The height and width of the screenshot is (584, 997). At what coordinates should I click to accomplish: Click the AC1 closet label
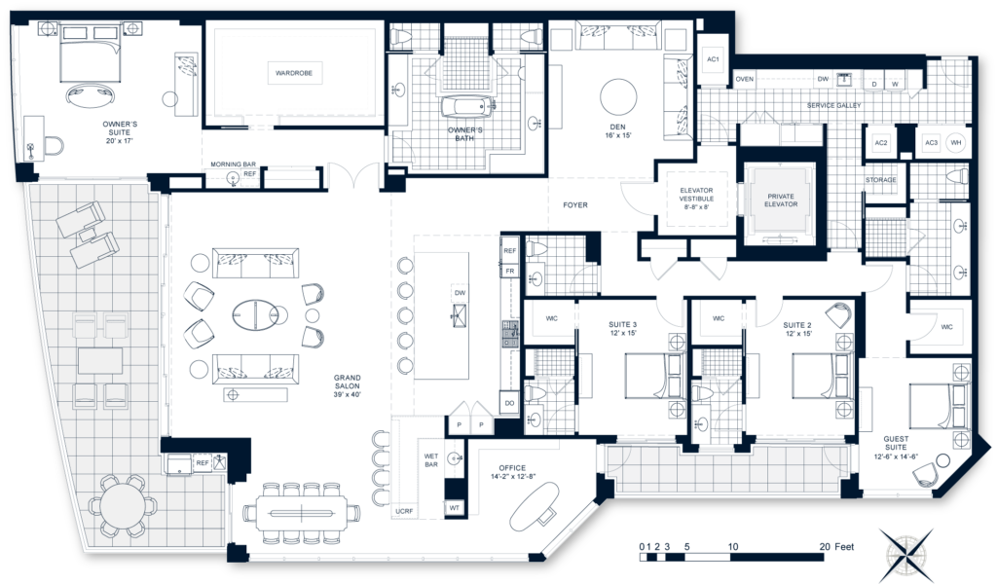click(x=713, y=60)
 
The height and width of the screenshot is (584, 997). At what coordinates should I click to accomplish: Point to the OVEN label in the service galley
click(x=745, y=79)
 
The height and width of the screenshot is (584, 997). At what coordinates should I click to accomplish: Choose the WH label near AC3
click(x=955, y=143)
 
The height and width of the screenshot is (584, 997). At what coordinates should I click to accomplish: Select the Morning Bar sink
click(x=233, y=178)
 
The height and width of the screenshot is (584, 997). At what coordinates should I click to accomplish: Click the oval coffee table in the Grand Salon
click(x=256, y=313)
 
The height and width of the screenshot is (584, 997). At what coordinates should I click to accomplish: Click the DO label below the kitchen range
click(x=509, y=402)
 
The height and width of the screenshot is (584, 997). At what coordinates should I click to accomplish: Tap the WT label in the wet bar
click(x=454, y=507)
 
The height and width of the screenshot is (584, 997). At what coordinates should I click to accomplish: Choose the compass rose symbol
click(x=905, y=549)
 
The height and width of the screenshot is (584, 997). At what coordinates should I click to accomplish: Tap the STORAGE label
click(x=880, y=180)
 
